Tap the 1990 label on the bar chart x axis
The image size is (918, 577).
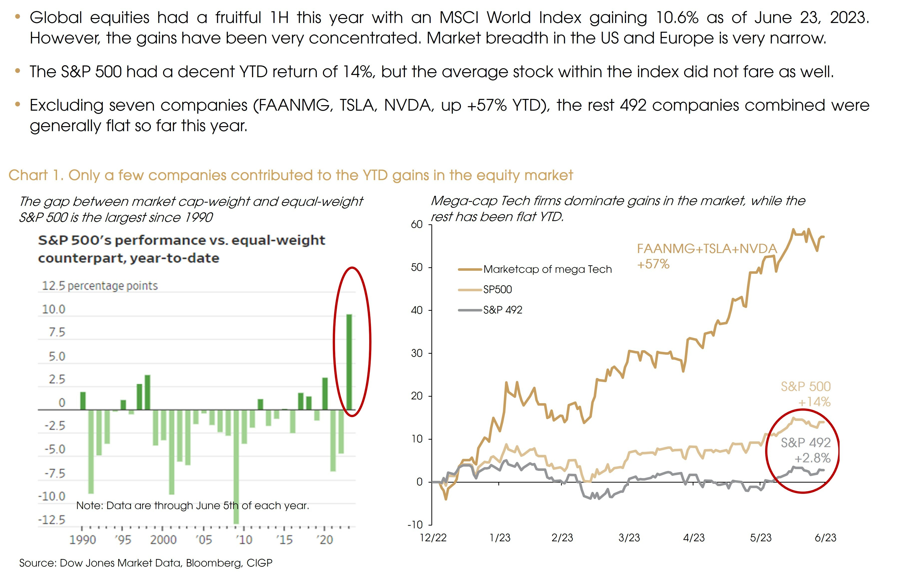[82, 540]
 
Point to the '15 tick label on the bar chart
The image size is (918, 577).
[284, 540]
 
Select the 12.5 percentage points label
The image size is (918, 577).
[99, 286]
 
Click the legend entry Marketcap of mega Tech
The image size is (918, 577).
[547, 270]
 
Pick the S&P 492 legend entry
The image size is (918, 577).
[502, 310]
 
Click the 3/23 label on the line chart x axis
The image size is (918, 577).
[629, 538]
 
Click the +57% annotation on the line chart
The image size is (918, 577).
[653, 264]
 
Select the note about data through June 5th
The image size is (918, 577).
[193, 506]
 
